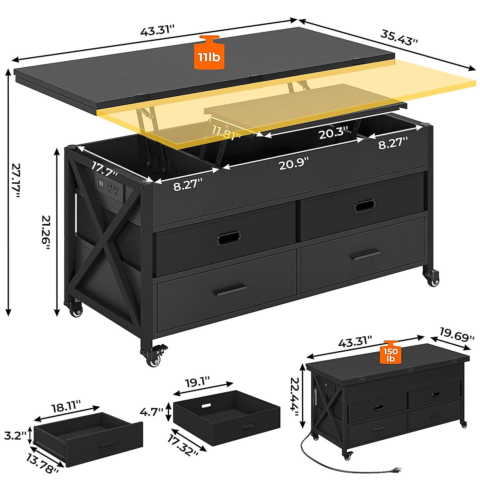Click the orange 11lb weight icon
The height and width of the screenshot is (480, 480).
[208, 53]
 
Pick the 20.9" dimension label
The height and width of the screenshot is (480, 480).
[294, 163]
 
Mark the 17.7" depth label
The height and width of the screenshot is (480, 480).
[104, 168]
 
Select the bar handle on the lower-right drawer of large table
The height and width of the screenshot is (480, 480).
[366, 254]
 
